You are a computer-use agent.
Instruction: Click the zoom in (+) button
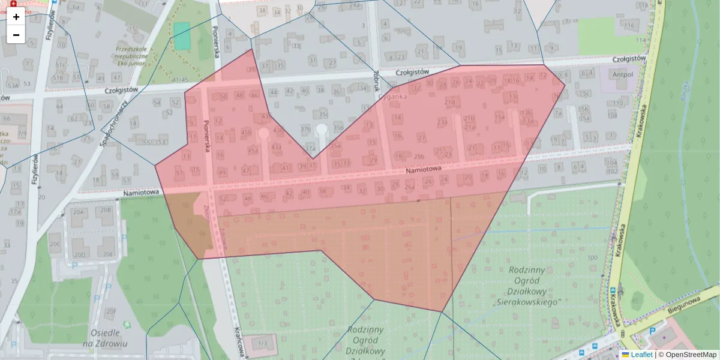tap(16, 17)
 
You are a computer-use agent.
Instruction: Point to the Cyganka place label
tap(393, 96)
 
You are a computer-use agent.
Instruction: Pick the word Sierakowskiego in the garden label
tap(526, 302)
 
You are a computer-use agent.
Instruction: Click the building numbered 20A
tap(79, 211)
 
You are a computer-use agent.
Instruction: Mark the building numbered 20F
tap(110, 311)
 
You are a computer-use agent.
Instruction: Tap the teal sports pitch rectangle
tap(182, 35)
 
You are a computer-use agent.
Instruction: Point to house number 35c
tap(324, 114)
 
